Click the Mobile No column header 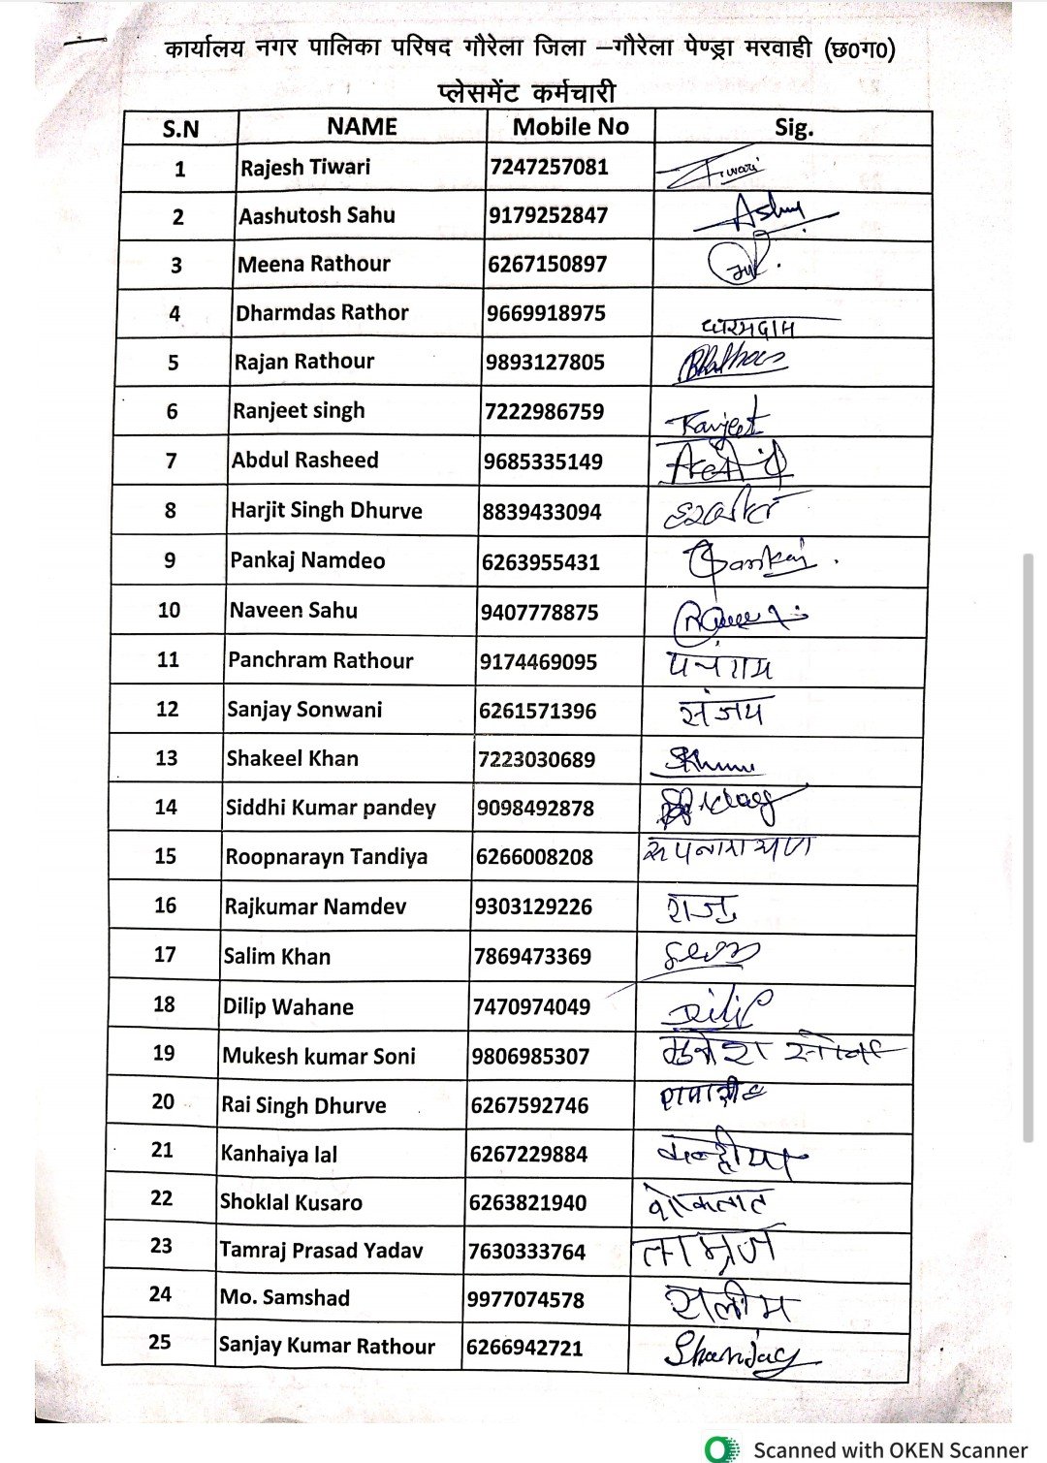[x=570, y=127]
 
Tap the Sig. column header [x=794, y=128]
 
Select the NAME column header [x=362, y=127]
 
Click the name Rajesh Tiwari [x=305, y=167]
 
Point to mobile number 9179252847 [x=548, y=215]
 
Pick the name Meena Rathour [x=314, y=264]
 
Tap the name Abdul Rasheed [x=304, y=460]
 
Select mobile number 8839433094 [x=542, y=511]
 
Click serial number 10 [x=169, y=610]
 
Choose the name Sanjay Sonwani [x=304, y=710]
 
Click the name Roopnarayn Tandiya [x=326, y=857]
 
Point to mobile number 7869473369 [x=532, y=956]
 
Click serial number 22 [x=162, y=1198]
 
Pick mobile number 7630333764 [x=527, y=1251]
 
